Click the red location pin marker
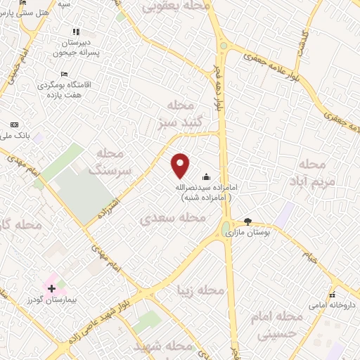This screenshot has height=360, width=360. [x=181, y=165]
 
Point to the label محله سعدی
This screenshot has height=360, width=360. [x=174, y=217]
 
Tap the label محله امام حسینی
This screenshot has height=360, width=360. [x=283, y=325]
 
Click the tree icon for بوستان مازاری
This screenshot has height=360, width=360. [x=247, y=221]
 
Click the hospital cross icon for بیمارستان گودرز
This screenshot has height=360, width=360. [x=51, y=288]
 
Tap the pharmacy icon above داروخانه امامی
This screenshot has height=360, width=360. [x=331, y=295]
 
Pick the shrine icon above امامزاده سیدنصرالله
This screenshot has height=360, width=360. [x=206, y=177]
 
